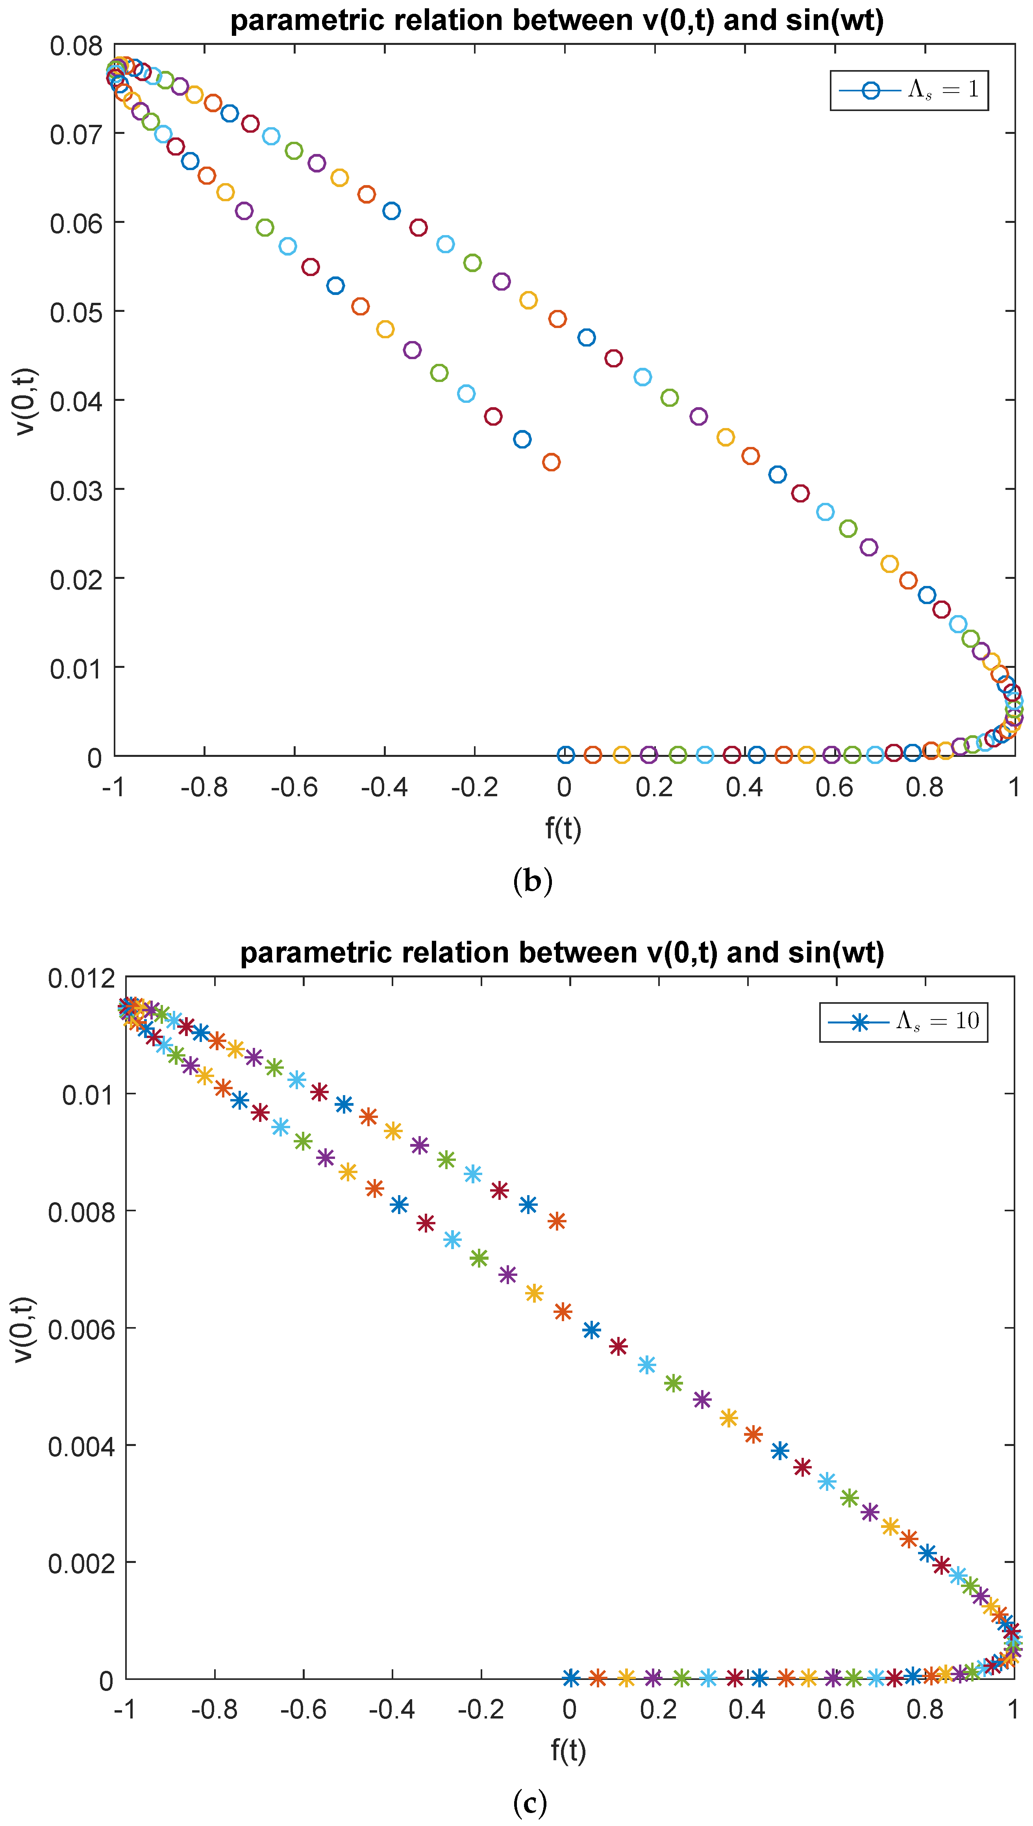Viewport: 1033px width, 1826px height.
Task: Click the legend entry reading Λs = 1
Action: pos(909,90)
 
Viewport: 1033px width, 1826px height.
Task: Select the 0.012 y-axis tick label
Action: pos(81,979)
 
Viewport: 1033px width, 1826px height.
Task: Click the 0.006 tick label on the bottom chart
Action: pos(81,1329)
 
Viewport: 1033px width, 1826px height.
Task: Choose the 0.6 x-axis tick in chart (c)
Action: pos(836,1709)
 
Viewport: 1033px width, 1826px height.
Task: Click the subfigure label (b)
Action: pos(532,881)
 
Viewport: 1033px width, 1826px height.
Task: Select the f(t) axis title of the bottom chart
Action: pos(568,1750)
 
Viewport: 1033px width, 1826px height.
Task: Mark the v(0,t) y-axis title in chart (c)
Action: pos(23,1329)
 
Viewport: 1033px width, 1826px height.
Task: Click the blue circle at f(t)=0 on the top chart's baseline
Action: pos(565,754)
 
